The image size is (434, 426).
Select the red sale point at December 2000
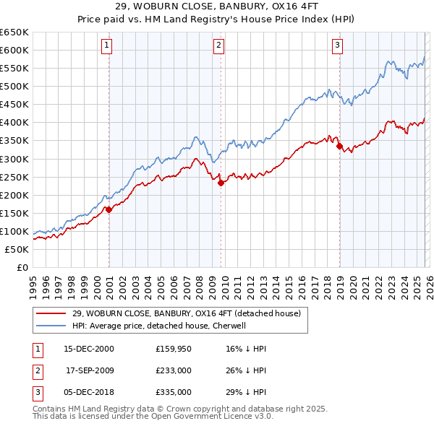click(x=109, y=209)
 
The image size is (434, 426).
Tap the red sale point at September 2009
click(x=221, y=183)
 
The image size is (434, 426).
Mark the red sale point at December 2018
click(x=339, y=146)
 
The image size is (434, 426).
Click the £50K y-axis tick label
click(x=17, y=249)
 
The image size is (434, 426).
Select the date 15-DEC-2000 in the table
click(x=89, y=348)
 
